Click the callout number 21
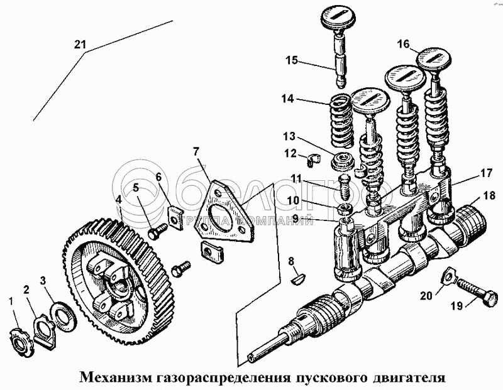click(79, 45)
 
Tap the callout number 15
click(292, 61)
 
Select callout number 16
click(403, 44)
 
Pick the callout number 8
click(290, 261)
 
